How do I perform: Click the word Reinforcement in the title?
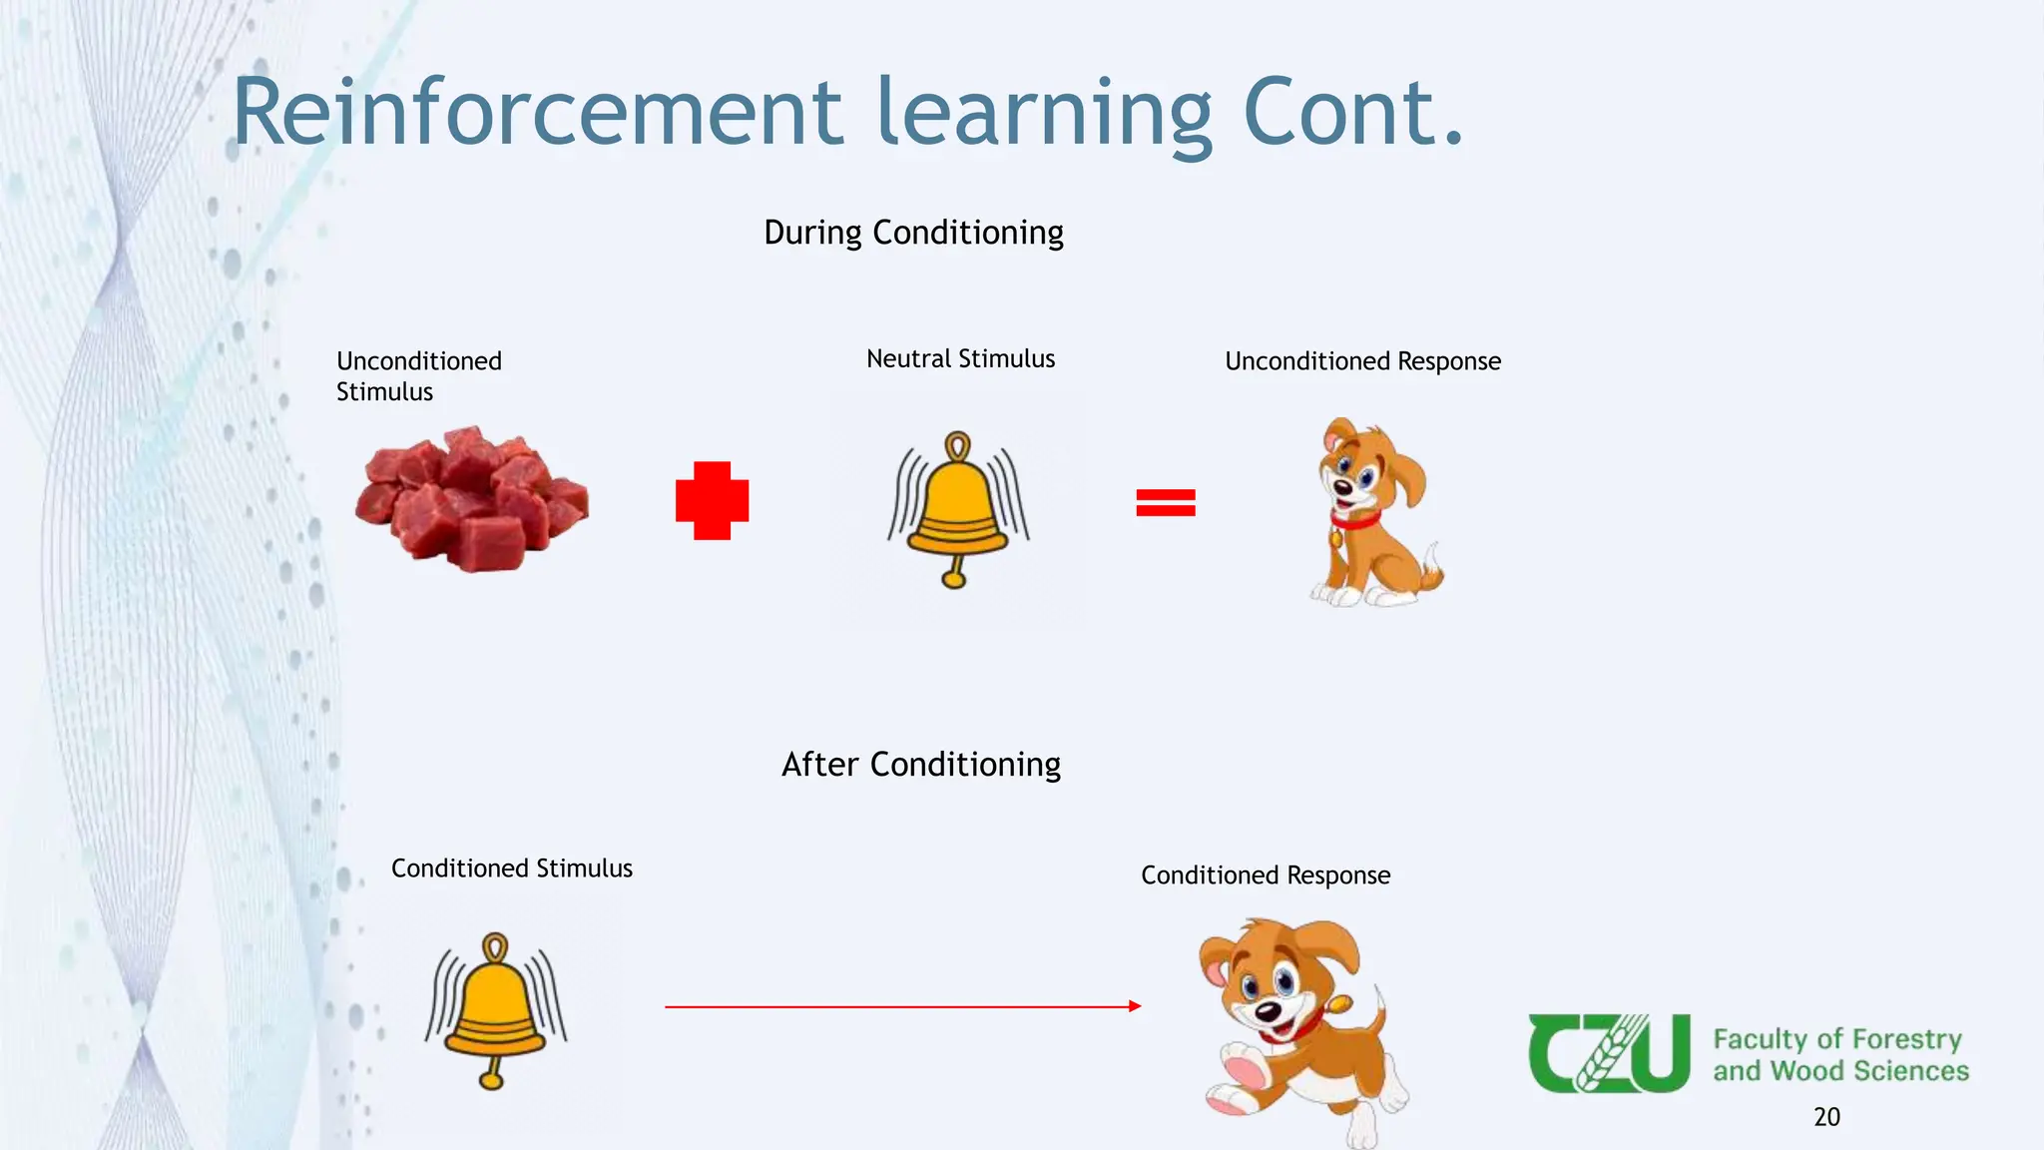[537, 112]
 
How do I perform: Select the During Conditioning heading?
[913, 233]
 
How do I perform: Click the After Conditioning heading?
[920, 765]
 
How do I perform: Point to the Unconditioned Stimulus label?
[419, 376]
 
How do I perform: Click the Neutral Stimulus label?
[960, 359]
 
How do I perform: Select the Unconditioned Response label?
[1362, 361]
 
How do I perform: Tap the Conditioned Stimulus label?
[511, 868]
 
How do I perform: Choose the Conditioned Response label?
[1266, 875]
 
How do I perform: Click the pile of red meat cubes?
[472, 499]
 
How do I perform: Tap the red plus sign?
[712, 500]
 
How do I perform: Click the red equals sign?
[1165, 502]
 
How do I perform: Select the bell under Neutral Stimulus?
[958, 509]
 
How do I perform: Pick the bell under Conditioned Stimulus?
[495, 1010]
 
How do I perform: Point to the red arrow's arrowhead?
[1135, 1006]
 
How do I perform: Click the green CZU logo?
[1609, 1053]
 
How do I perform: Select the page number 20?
[1826, 1117]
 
